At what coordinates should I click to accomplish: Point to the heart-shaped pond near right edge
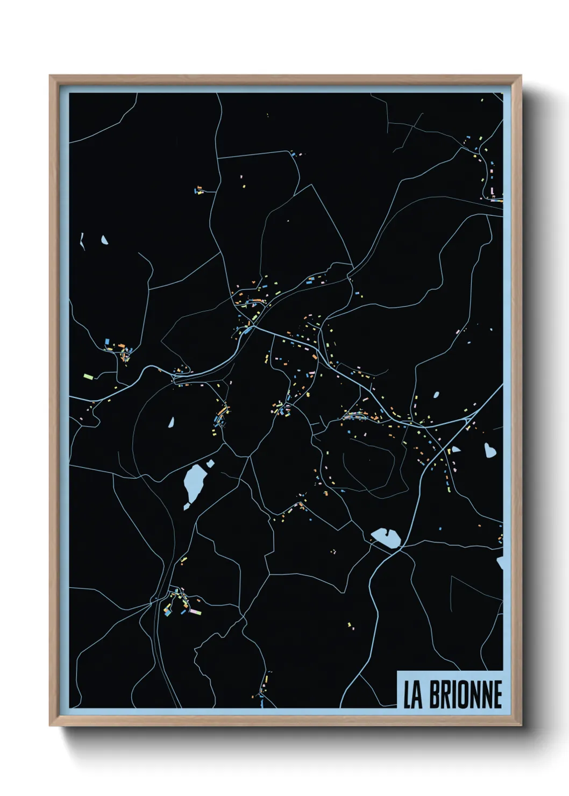pyautogui.click(x=489, y=450)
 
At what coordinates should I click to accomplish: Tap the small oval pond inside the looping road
pyautogui.click(x=171, y=423)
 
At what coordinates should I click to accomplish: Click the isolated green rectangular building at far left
pyautogui.click(x=88, y=376)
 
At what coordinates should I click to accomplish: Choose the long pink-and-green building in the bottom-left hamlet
pyautogui.click(x=194, y=612)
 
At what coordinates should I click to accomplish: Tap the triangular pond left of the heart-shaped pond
pyautogui.click(x=456, y=449)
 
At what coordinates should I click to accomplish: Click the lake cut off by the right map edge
pyautogui.click(x=500, y=563)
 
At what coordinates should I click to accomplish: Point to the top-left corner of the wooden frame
pyautogui.click(x=51, y=76)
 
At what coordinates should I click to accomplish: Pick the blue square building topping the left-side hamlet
pyautogui.click(x=107, y=341)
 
